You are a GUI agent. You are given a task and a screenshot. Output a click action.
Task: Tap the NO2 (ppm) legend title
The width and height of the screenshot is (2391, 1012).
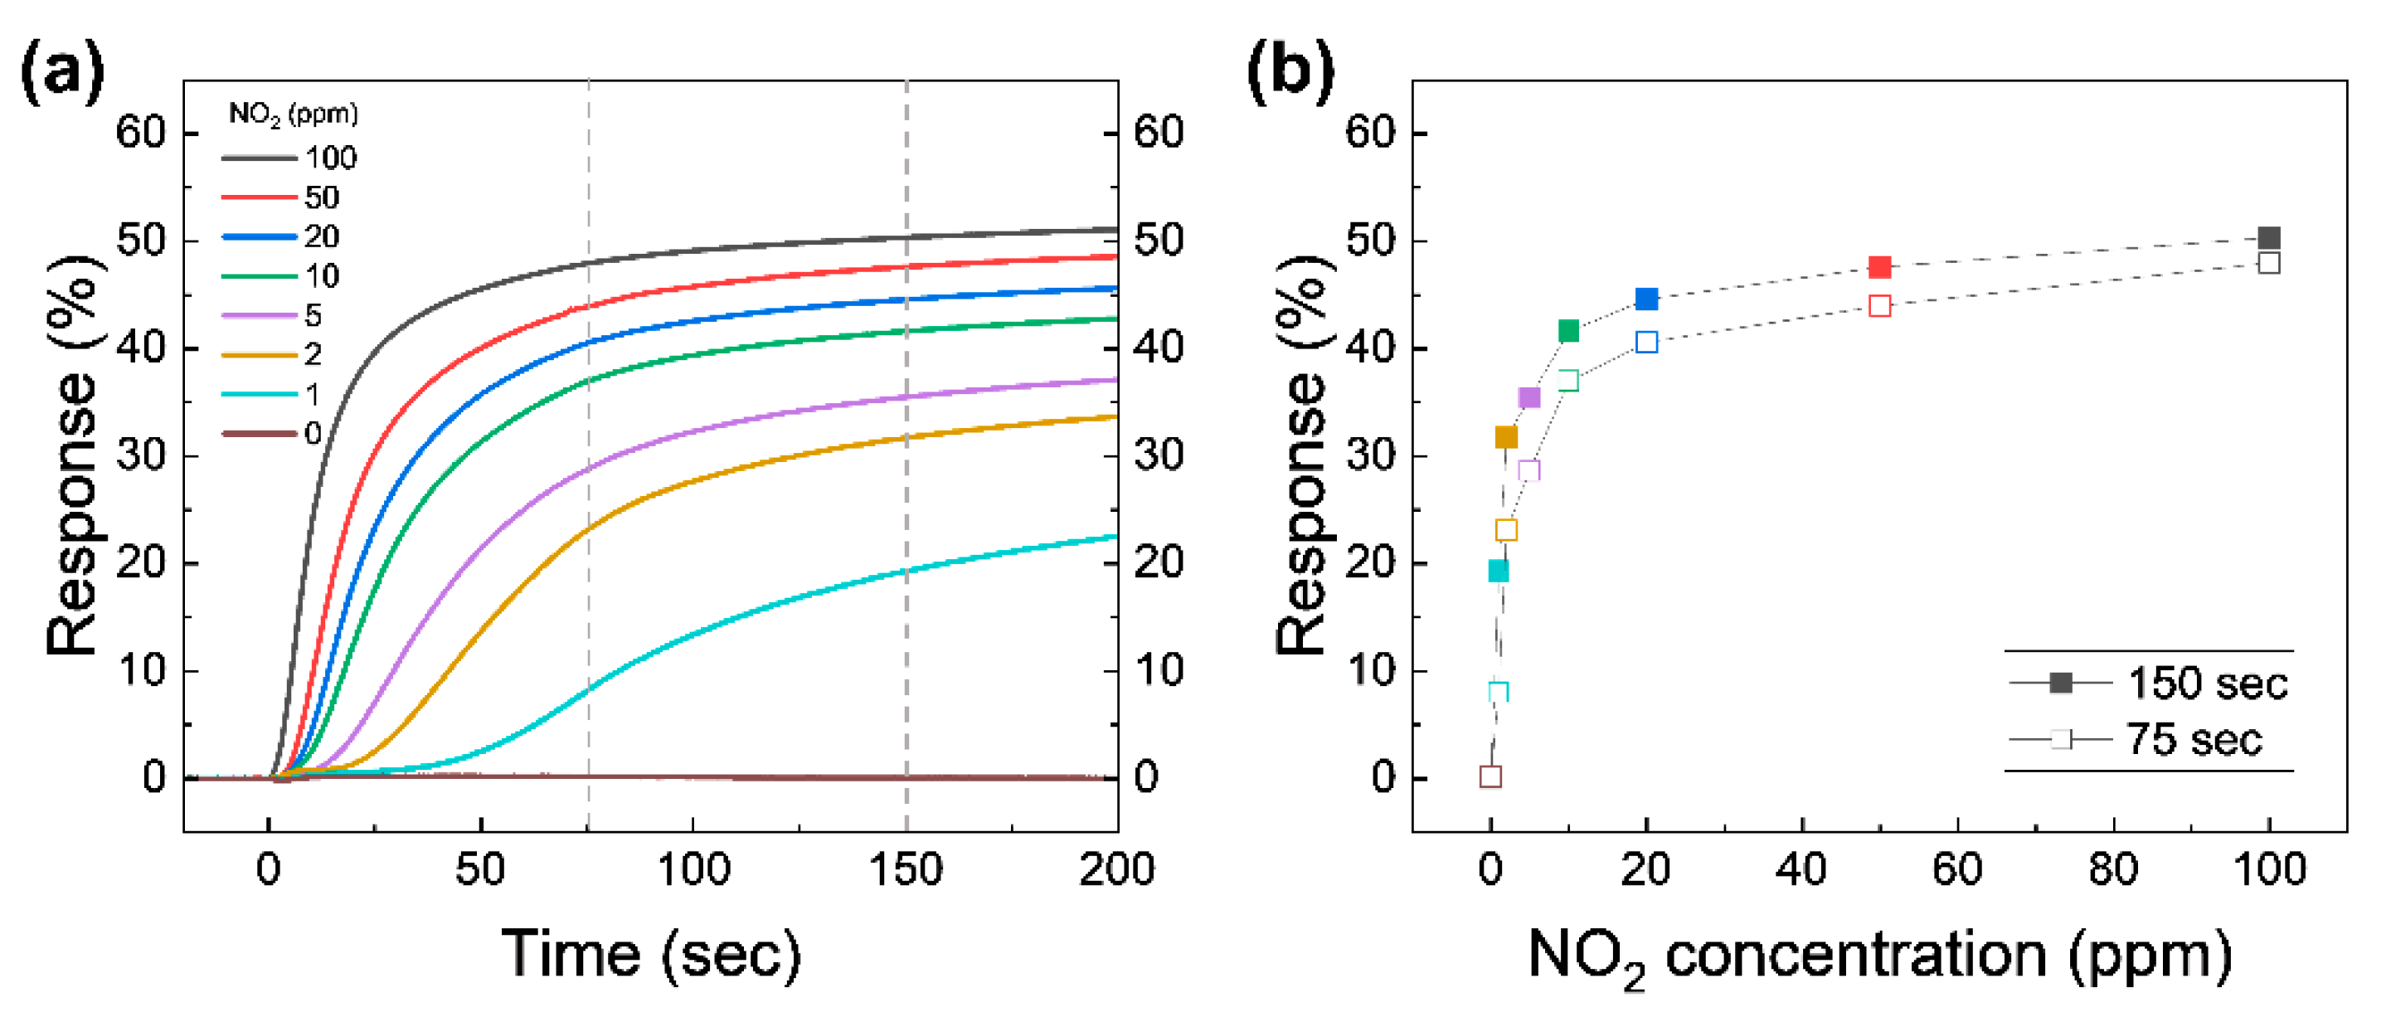(x=294, y=114)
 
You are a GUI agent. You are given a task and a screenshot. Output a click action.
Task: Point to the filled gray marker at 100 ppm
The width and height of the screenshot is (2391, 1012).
(x=2267, y=239)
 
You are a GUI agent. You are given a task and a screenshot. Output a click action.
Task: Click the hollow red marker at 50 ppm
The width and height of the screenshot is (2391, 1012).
(x=1879, y=305)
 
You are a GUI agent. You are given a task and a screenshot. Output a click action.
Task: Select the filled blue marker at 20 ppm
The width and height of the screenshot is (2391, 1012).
(x=1646, y=299)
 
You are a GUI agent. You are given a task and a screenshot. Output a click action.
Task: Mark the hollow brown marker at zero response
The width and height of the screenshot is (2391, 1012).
(x=1490, y=776)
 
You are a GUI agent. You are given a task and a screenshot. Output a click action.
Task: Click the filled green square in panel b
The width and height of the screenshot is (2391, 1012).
(x=1568, y=330)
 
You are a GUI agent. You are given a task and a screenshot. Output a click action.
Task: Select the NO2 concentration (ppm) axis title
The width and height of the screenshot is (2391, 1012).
(x=1879, y=957)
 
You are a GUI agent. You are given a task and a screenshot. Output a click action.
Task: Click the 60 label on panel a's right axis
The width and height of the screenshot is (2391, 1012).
(x=1159, y=133)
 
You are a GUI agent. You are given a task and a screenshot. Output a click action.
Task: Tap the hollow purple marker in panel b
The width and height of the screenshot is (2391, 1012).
(x=1528, y=470)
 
